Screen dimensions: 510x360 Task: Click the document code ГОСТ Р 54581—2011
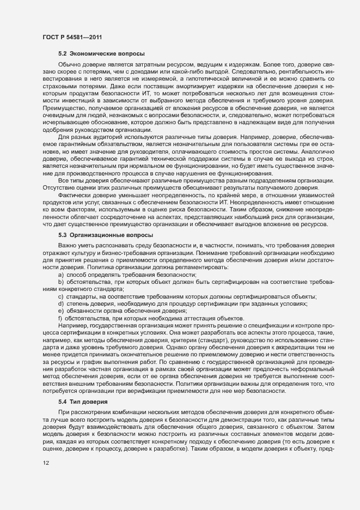point(71,38)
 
